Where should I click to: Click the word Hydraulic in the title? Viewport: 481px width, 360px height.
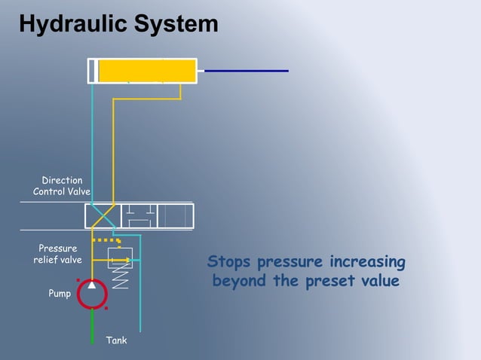point(72,24)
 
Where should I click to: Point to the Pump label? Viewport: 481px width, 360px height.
point(60,294)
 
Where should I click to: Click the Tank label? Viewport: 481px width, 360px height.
point(116,341)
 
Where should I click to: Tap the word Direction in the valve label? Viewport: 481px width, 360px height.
point(62,181)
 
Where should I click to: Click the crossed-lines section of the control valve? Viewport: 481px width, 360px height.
point(103,216)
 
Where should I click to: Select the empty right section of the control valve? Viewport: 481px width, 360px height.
point(175,216)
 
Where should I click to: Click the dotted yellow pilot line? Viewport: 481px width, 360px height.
point(106,240)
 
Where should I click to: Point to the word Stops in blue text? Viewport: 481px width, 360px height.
point(229,263)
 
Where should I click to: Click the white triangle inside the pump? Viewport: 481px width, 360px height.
point(91,285)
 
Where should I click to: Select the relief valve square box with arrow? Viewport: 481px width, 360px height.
point(120,258)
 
